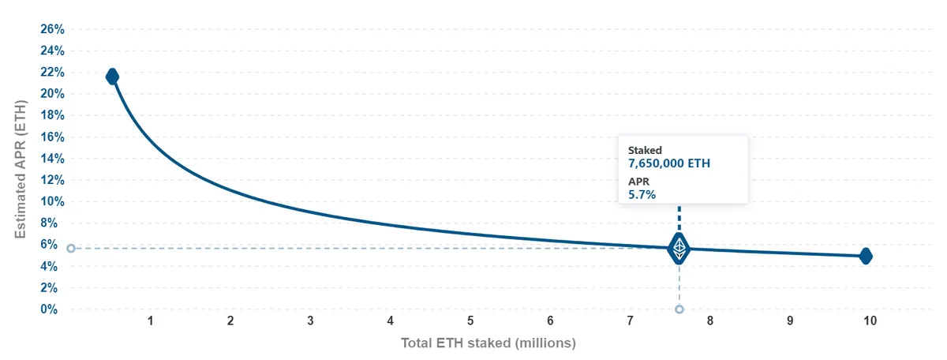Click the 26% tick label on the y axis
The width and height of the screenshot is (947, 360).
point(52,29)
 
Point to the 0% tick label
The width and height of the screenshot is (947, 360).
point(49,309)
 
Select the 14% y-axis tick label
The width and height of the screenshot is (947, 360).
point(52,159)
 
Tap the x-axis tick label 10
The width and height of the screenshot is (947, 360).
point(870,321)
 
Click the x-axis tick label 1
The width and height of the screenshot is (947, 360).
point(151,321)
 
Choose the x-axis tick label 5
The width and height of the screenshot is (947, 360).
point(470,321)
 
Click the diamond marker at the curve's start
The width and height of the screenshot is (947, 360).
point(112,77)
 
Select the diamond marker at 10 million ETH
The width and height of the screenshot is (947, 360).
point(866,256)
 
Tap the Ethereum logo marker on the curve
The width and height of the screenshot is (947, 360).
point(679,249)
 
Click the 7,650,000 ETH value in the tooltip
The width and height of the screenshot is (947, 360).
point(669,163)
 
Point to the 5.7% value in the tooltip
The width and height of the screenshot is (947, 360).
point(642,194)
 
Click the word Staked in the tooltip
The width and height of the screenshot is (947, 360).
point(645,150)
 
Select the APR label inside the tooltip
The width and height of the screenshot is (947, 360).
point(638,182)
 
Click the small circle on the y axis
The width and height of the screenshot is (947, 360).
point(71,249)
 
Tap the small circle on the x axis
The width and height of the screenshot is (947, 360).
point(679,309)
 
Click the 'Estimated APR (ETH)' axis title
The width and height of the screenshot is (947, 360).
point(21,169)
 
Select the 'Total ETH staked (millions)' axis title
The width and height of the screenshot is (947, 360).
point(488,343)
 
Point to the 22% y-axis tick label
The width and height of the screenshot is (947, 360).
point(52,73)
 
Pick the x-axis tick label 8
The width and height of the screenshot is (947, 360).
point(709,321)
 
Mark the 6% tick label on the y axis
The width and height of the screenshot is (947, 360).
point(49,245)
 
